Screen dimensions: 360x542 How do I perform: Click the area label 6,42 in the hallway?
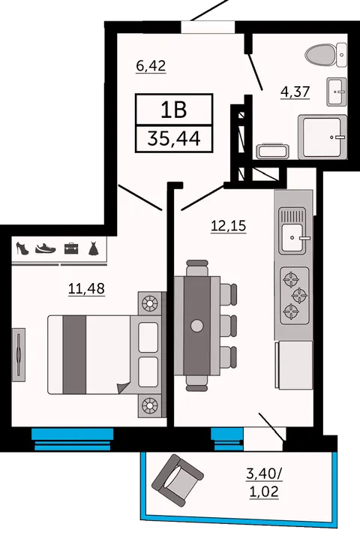tap(151, 65)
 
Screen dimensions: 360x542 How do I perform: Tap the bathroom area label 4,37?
tap(295, 92)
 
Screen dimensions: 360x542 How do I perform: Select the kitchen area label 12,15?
tap(228, 226)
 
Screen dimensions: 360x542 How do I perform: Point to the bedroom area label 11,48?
tap(86, 288)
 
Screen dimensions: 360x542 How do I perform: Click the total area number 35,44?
tap(174, 139)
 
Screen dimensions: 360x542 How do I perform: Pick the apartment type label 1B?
tap(174, 110)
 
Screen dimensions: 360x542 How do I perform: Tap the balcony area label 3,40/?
tap(264, 474)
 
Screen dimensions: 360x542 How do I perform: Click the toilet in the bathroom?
tap(325, 55)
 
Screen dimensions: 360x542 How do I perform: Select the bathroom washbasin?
tap(336, 92)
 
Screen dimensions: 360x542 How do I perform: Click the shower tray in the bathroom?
tap(322, 137)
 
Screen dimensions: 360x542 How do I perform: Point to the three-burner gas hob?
tap(294, 296)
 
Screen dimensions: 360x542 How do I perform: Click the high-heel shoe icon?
tap(22, 248)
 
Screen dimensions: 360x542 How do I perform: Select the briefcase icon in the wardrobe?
tap(71, 248)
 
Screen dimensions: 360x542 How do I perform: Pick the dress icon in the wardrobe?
tap(94, 248)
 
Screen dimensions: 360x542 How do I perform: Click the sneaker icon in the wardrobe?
tap(45, 248)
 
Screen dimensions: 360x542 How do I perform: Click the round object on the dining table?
tap(197, 325)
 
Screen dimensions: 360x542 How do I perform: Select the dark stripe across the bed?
tap(75, 354)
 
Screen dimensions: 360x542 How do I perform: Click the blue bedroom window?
tap(72, 439)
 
